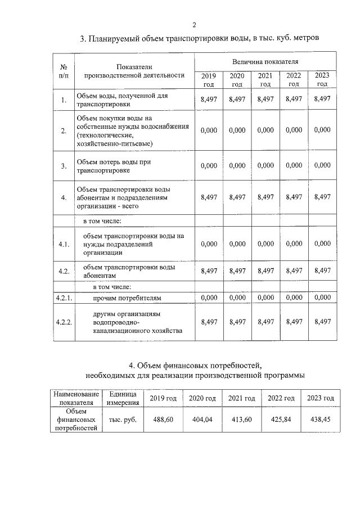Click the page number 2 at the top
point(194,24)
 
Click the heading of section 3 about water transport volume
point(200,39)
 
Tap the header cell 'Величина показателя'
point(265,60)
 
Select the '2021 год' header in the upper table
point(265,80)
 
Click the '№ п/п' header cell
point(64,70)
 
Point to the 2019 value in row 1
point(209,99)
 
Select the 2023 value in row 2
point(322,130)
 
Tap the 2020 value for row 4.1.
point(237,244)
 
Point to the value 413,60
point(241,420)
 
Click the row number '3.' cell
point(64,165)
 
